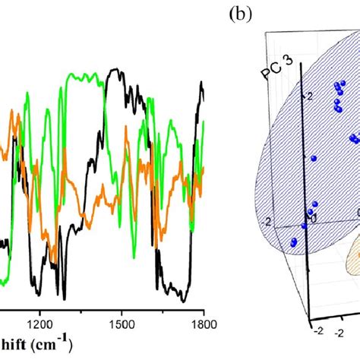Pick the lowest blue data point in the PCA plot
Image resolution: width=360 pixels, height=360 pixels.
[293, 243]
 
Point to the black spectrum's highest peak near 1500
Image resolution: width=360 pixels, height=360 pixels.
[115, 71]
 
